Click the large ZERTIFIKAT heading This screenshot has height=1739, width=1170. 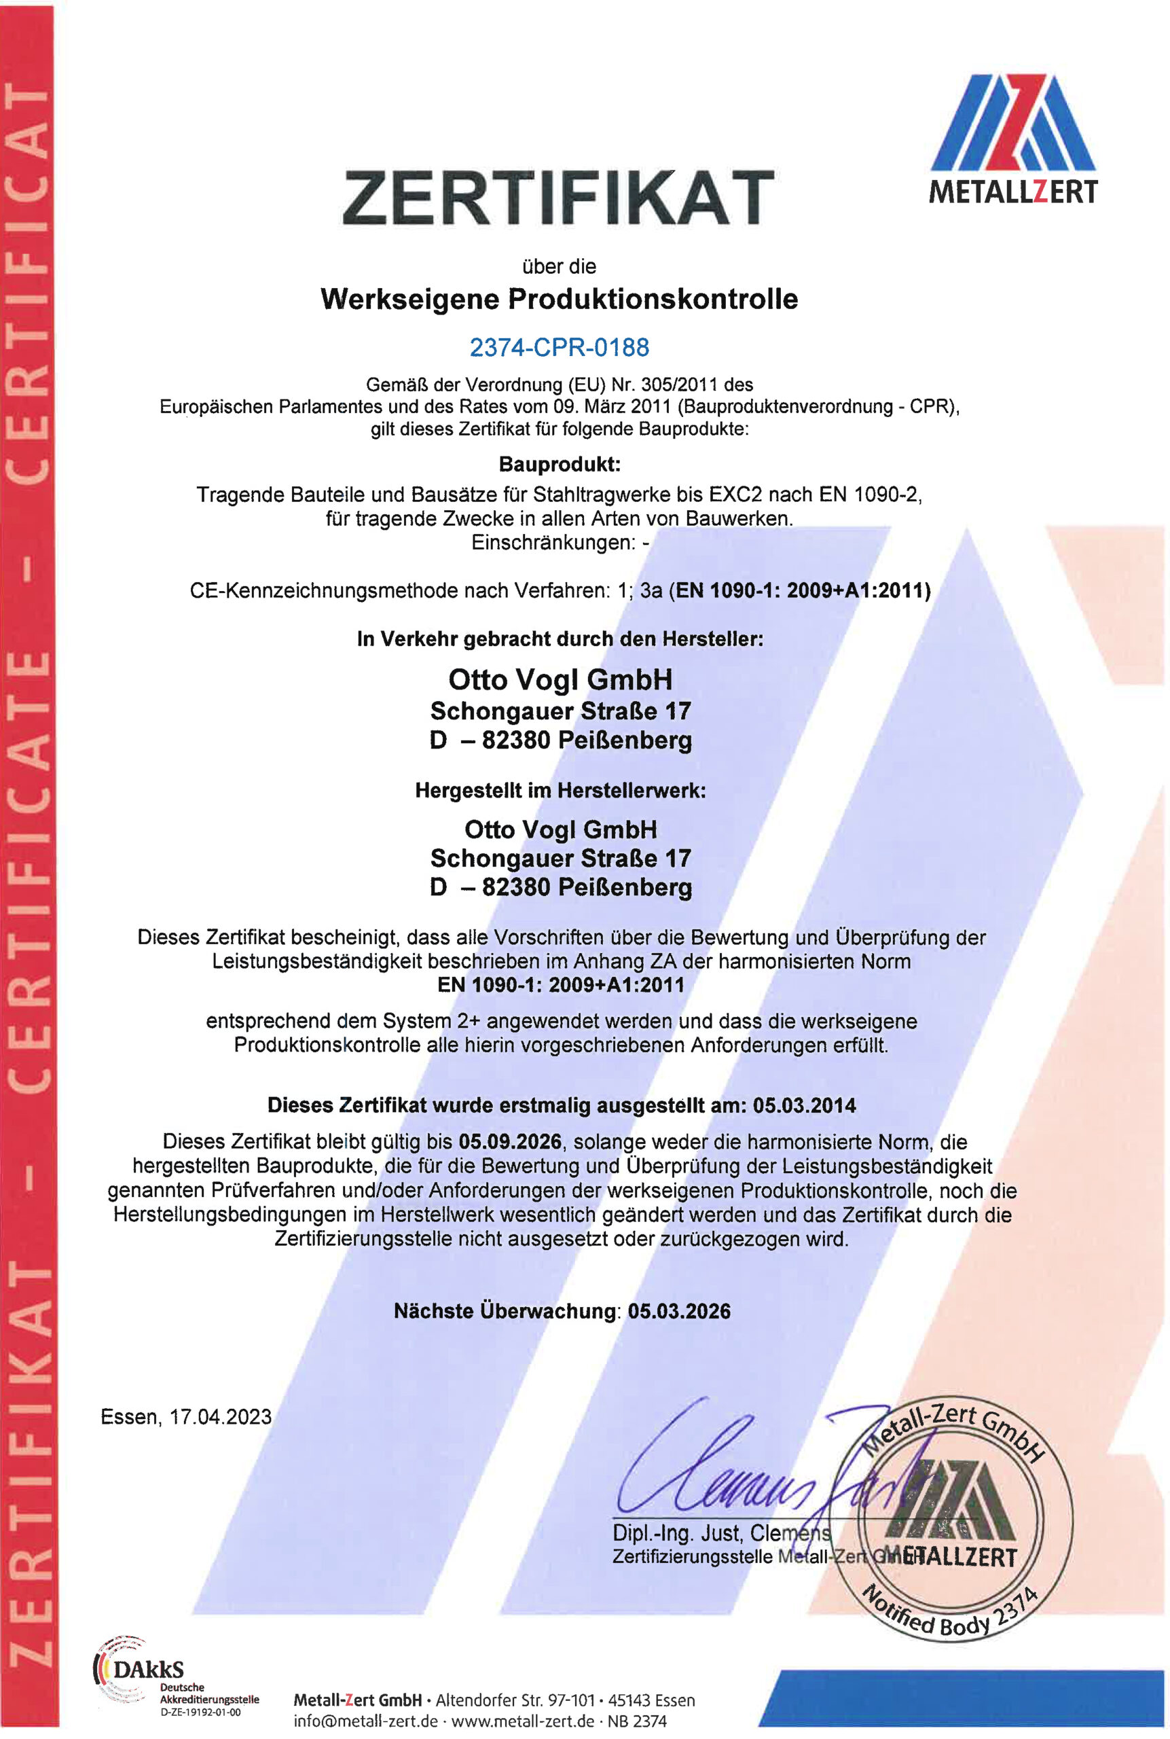point(558,197)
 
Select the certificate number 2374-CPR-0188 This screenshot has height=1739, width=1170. point(559,347)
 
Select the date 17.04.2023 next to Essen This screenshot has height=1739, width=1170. point(221,1416)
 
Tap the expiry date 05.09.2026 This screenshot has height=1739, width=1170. point(510,1141)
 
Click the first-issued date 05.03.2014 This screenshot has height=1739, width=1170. point(805,1105)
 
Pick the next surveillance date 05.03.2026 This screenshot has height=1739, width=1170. point(679,1311)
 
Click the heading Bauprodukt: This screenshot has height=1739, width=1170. point(560,464)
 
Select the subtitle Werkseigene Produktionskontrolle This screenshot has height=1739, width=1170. point(559,300)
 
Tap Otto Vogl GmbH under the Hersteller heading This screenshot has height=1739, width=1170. point(560,680)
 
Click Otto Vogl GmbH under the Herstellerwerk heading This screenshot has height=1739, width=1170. point(560,829)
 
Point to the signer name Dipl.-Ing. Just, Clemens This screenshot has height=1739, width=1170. point(720,1533)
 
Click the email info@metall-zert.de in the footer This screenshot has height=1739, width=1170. point(365,1721)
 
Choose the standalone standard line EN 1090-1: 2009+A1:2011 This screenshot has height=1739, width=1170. point(560,984)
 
